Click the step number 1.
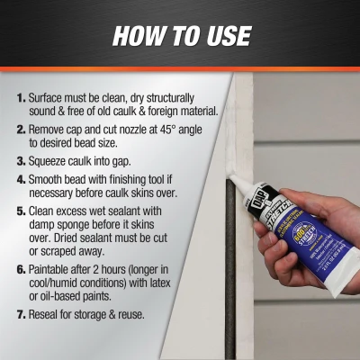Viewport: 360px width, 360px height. [x=21, y=96]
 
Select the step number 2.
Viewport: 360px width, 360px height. [x=21, y=130]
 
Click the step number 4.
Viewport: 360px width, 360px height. [x=21, y=181]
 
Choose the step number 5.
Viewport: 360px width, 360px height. [x=21, y=214]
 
